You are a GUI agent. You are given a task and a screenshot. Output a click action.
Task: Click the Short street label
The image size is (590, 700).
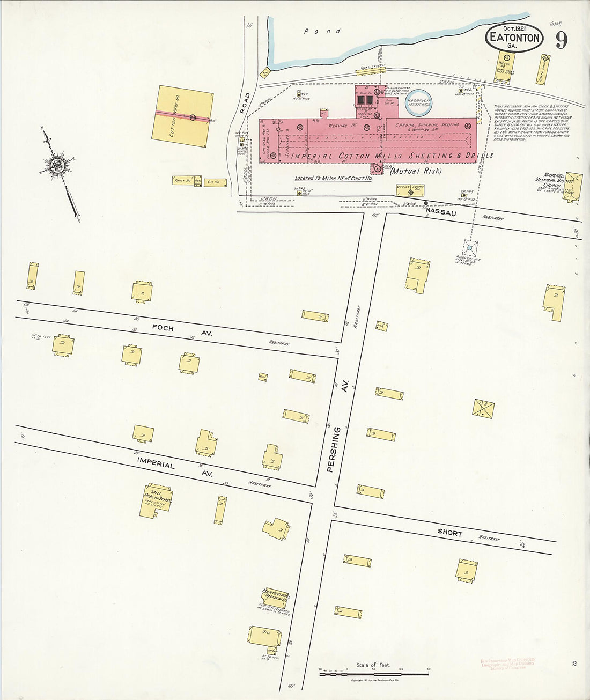tap(449, 533)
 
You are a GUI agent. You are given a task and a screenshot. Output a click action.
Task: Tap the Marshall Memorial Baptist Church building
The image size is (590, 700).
tap(572, 187)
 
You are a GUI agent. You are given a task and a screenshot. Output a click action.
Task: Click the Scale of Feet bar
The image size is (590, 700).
tap(373, 673)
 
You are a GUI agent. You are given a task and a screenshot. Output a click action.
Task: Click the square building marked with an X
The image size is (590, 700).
tap(483, 409)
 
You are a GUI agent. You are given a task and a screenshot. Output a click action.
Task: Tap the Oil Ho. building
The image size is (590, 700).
tap(215, 181)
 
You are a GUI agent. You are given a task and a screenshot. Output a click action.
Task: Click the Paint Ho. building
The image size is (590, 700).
tap(183, 181)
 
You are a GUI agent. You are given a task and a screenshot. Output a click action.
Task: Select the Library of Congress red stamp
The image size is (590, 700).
tap(507, 664)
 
